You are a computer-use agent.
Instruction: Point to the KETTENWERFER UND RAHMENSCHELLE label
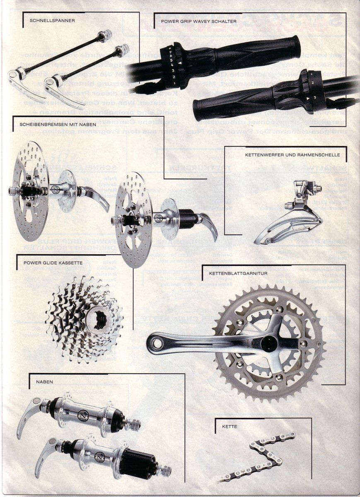coord(292,155)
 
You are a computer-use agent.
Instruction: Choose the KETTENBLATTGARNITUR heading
coord(238,273)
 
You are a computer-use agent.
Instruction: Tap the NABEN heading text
coord(45,382)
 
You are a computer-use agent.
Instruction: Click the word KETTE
coord(229,426)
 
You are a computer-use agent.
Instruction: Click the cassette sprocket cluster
coord(85,319)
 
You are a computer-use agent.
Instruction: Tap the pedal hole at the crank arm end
coord(156,344)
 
